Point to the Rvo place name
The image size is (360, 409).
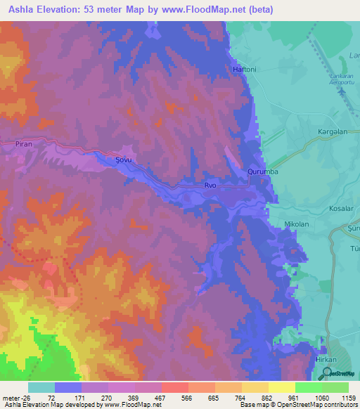click(210, 186)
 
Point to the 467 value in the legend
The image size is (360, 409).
click(161, 397)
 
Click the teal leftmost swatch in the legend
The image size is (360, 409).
click(41, 387)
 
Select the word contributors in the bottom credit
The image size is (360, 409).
click(340, 405)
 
